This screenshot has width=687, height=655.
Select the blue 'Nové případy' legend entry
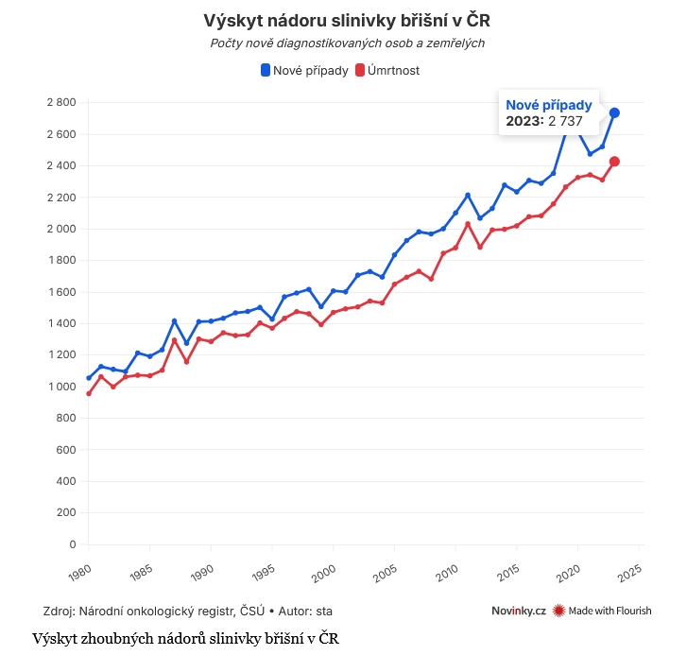coord(304,70)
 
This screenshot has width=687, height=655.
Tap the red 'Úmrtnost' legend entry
coord(387,70)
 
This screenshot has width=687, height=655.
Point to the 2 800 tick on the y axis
coord(60,102)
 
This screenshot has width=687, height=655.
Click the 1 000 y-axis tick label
coord(60,387)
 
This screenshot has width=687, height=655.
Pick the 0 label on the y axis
coord(72,544)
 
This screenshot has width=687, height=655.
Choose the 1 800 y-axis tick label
coord(60,260)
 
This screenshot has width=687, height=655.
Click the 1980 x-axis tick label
coord(80,570)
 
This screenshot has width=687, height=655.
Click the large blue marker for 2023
coord(614,112)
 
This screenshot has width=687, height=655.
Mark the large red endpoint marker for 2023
coord(614,162)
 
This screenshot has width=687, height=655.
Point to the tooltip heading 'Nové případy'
coord(549,105)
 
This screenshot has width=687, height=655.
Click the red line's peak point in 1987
coord(174,340)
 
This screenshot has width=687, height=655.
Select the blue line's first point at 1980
coord(89,377)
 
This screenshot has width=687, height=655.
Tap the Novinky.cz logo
coord(519,611)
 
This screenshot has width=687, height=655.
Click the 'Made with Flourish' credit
coord(602,611)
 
